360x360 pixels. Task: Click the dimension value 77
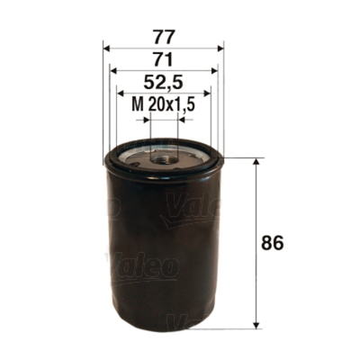pyautogui.click(x=164, y=38)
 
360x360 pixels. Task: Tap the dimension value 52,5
pyautogui.click(x=164, y=85)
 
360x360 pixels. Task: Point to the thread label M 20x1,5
pyautogui.click(x=164, y=105)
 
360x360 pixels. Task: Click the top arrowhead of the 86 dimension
pyautogui.click(x=261, y=163)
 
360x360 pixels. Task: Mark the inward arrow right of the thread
pyautogui.click(x=182, y=117)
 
